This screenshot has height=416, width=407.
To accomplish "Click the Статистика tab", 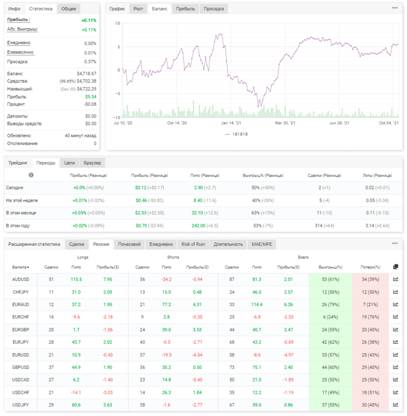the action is [x=40, y=9].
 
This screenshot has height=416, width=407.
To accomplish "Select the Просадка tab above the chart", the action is [x=214, y=9].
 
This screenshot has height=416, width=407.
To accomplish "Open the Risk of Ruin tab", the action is [x=193, y=244].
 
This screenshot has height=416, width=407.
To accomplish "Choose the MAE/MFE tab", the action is [x=261, y=244].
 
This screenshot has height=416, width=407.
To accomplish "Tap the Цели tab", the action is [x=69, y=163].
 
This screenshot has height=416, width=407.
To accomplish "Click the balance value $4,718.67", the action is [x=86, y=73].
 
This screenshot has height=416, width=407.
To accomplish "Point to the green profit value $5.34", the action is [x=91, y=97].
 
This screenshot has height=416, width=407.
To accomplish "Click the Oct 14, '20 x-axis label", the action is [x=177, y=123].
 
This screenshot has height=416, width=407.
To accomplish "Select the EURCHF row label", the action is [x=20, y=317].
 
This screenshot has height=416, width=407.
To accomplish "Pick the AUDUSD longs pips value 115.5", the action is [x=76, y=280].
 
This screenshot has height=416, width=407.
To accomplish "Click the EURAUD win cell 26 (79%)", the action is [x=330, y=305].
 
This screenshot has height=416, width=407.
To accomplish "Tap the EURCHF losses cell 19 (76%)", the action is [x=370, y=317].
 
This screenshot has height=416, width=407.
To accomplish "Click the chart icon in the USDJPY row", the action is [x=395, y=405].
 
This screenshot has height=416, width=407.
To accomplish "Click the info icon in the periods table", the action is [x=31, y=175].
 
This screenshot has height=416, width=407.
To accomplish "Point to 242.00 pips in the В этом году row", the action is [x=198, y=226].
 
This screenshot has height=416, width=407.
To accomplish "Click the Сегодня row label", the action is [x=14, y=187].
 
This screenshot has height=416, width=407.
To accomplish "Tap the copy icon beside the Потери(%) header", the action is [x=395, y=267].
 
